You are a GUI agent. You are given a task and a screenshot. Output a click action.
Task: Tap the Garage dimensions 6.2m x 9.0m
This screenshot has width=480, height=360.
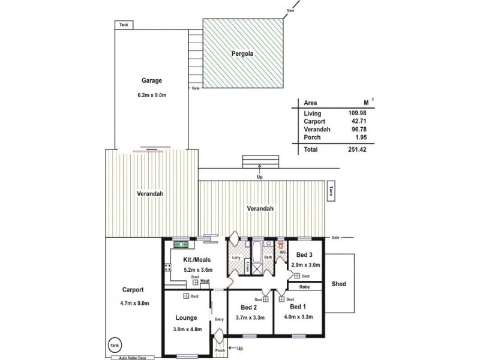pyautogui.click(x=152, y=94)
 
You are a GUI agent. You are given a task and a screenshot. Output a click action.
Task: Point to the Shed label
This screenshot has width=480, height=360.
pyautogui.click(x=338, y=283)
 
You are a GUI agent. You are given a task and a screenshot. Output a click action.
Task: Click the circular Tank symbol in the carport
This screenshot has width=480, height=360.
pyautogui.click(x=113, y=346)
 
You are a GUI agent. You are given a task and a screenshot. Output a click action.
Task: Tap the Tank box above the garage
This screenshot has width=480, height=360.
pyautogui.click(x=124, y=25)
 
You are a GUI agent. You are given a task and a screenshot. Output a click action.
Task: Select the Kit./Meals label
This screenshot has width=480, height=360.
pyautogui.click(x=195, y=260)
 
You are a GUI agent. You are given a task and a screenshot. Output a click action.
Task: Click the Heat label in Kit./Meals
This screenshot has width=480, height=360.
pyautogui.click(x=205, y=281)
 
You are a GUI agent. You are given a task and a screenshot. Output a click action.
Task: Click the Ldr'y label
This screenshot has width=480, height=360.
pyautogui.click(x=235, y=258)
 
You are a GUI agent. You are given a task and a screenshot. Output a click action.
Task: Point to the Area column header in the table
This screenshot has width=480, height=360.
pyautogui.click(x=311, y=103)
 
